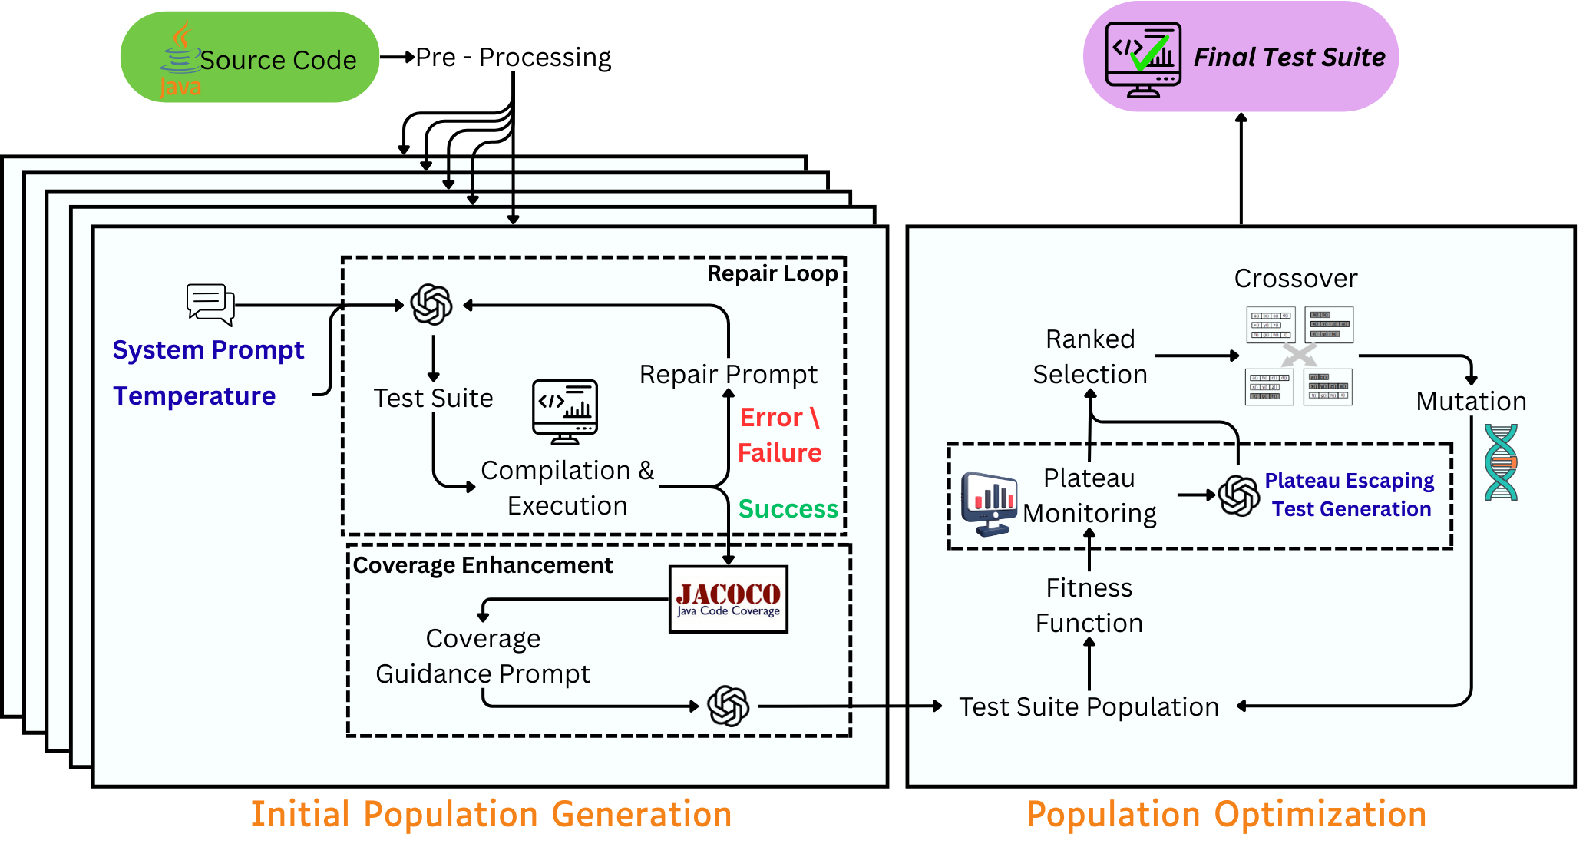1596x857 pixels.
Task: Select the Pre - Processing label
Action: pos(513,58)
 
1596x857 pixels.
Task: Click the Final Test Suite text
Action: pos(1289,58)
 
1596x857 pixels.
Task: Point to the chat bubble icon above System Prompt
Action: pos(210,304)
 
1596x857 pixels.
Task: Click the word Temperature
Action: pos(194,395)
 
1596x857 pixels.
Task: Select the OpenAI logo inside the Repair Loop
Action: pos(431,305)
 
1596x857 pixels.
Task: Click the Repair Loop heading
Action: pos(772,273)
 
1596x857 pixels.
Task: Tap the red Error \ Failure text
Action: pos(779,435)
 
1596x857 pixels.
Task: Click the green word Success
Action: pos(788,508)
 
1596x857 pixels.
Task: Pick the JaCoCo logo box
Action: pos(728,600)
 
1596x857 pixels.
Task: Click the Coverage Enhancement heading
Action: pos(482,565)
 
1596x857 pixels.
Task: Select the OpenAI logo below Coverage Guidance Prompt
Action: pos(728,706)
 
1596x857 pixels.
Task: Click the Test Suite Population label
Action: pos(1089,706)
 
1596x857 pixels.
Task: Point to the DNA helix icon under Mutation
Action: pos(1500,462)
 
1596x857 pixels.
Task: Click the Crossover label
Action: pos(1295,278)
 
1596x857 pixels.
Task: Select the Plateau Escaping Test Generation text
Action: pos(1350,495)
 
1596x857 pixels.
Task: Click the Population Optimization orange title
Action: pos(1226,814)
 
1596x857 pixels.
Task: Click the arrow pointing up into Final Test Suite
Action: pos(1241,169)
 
